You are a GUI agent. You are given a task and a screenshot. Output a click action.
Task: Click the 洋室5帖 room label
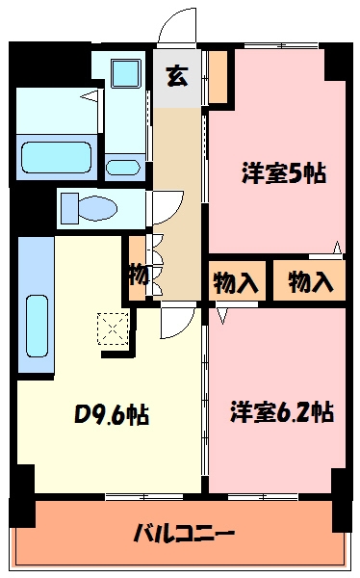pos(283,174)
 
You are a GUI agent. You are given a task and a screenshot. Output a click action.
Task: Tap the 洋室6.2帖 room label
pos(281,412)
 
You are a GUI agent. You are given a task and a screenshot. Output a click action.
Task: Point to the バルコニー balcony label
pos(184,532)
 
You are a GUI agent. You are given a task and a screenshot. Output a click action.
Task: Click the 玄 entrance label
pos(177,74)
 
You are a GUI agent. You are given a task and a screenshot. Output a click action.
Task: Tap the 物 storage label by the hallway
pos(138,276)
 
